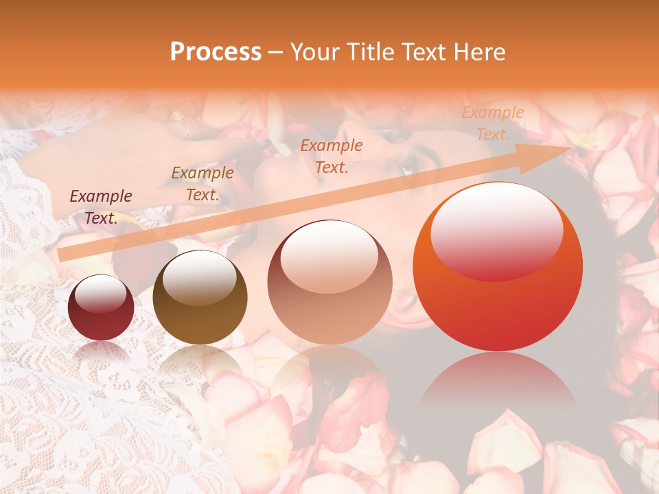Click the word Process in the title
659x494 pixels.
[x=216, y=52]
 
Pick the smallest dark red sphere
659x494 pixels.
[x=101, y=307]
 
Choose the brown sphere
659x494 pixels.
[x=200, y=297]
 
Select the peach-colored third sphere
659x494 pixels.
[x=329, y=282]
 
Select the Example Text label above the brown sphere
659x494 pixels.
[x=203, y=184]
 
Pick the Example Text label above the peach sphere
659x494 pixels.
[x=332, y=156]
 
